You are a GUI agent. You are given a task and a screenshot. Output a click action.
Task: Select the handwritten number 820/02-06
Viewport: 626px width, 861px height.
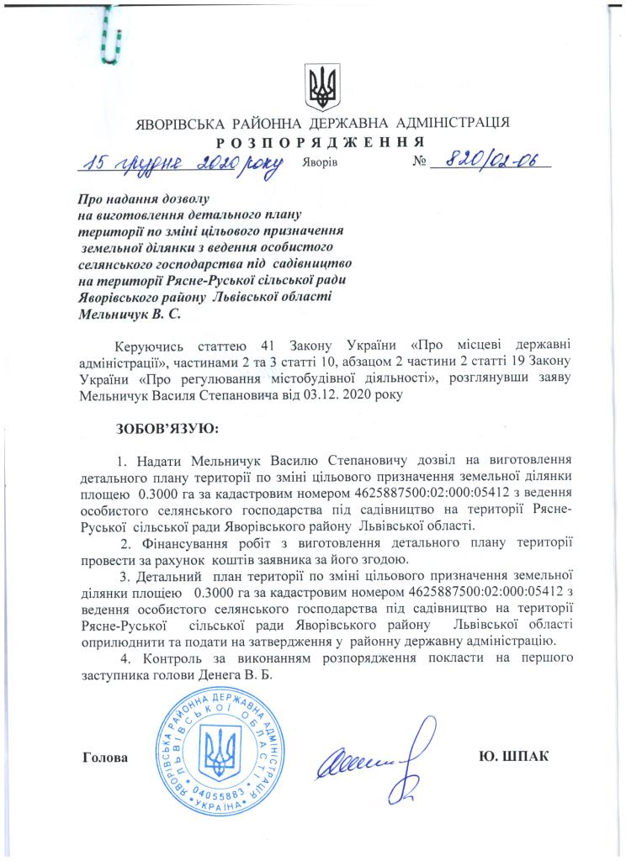(x=491, y=161)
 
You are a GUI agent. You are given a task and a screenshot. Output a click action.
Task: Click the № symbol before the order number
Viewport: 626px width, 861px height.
(x=422, y=162)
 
